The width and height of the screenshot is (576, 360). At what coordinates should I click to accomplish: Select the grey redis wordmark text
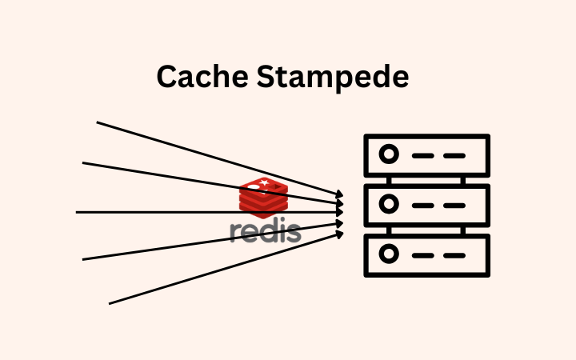point(266,231)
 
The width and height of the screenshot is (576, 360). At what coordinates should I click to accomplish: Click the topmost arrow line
point(160,141)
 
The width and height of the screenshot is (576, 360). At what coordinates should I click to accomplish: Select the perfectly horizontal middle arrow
point(160,212)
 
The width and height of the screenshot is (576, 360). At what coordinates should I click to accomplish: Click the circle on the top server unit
point(390,154)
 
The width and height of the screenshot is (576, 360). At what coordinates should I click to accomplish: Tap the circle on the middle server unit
point(390,204)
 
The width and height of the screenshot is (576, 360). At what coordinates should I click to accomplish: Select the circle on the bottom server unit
point(390,254)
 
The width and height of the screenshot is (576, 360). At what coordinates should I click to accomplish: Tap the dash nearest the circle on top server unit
point(422,154)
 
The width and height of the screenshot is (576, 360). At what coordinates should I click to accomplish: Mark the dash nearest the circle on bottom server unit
point(422,254)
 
